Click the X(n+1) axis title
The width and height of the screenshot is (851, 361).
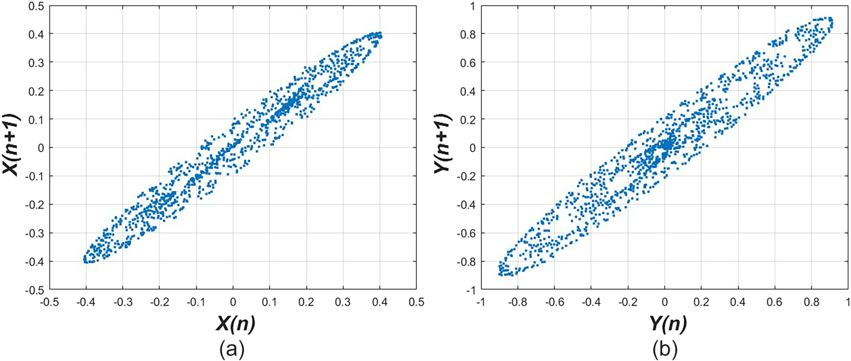pyautogui.click(x=12, y=145)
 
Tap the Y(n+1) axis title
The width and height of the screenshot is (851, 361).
pyautogui.click(x=443, y=144)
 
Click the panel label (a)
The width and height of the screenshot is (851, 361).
pyautogui.click(x=232, y=350)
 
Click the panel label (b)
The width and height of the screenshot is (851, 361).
pyautogui.click(x=665, y=350)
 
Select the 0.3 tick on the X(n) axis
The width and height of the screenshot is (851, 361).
pyautogui.click(x=343, y=302)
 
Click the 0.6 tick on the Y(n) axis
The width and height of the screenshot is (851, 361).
pyautogui.click(x=774, y=302)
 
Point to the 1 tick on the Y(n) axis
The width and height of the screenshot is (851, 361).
pyautogui.click(x=847, y=302)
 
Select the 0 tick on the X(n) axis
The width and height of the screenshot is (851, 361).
pyautogui.click(x=233, y=302)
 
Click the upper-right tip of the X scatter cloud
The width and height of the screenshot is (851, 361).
pyautogui.click(x=380, y=34)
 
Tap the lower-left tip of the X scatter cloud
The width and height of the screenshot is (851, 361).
pyautogui.click(x=86, y=261)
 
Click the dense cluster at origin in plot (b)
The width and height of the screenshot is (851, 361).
pyautogui.click(x=666, y=145)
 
